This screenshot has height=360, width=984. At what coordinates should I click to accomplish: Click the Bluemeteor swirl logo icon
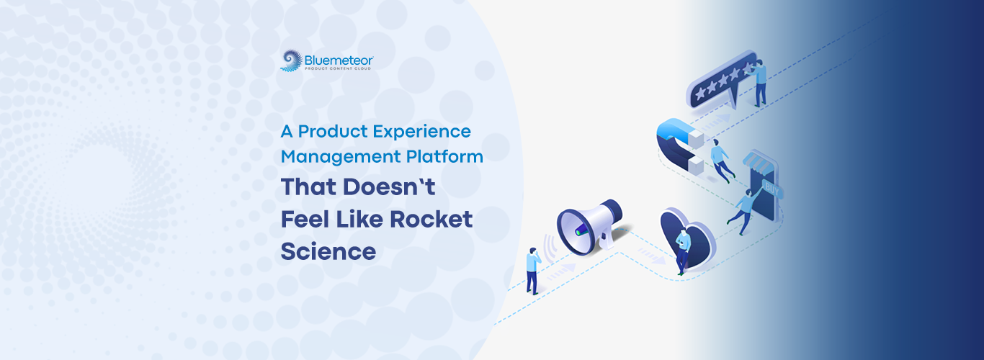pyautogui.click(x=292, y=60)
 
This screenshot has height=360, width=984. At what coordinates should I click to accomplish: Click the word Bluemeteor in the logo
pyautogui.click(x=339, y=60)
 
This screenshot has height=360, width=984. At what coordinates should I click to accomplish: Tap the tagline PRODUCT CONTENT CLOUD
pyautogui.click(x=339, y=69)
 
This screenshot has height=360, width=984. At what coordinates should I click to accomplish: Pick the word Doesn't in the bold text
pyautogui.click(x=389, y=187)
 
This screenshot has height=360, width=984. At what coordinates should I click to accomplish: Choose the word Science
pyautogui.click(x=328, y=251)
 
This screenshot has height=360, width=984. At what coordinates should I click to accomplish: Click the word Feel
pyautogui.click(x=305, y=219)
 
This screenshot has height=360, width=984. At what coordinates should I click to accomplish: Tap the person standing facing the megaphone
pyautogui.click(x=533, y=271)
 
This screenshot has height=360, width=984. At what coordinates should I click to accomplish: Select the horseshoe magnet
pyautogui.click(x=679, y=147)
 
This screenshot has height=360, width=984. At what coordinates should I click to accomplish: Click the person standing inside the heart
pyautogui.click(x=682, y=251)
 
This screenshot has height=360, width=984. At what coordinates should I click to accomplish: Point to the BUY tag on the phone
pyautogui.click(x=771, y=189)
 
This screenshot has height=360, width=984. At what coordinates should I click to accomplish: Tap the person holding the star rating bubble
pyautogui.click(x=759, y=84)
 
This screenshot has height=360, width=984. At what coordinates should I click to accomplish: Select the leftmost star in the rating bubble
pyautogui.click(x=700, y=93)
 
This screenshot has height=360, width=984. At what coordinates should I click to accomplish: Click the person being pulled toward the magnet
pyautogui.click(x=721, y=160)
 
